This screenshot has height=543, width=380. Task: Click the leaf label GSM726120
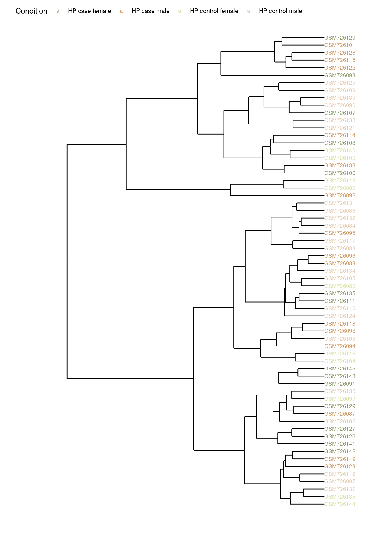[x=340, y=38]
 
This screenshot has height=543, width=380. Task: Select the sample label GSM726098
[x=340, y=75]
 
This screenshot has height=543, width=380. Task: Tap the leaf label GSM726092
[x=340, y=195]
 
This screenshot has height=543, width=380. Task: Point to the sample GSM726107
[x=340, y=113]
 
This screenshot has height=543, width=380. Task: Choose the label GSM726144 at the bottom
[x=340, y=504]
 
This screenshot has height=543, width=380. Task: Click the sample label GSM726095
[x=340, y=233]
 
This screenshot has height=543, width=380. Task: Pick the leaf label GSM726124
[x=340, y=316]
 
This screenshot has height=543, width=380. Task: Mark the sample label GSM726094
[x=340, y=346]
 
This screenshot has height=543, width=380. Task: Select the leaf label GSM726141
[x=340, y=444]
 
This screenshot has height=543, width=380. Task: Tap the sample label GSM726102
[x=340, y=421]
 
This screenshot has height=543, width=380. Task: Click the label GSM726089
[x=340, y=286]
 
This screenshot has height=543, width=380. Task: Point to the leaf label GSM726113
[x=340, y=180]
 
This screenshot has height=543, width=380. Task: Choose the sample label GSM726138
[x=340, y=165]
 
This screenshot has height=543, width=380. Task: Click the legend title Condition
[x=31, y=11]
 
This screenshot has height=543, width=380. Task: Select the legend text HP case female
[x=89, y=11]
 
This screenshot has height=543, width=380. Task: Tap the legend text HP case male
[x=150, y=11]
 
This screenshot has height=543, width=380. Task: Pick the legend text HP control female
[x=214, y=11]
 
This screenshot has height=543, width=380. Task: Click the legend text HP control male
[x=280, y=11]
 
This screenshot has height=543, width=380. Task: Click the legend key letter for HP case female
[x=58, y=11]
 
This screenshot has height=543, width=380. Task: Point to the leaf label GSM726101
[x=340, y=45]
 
